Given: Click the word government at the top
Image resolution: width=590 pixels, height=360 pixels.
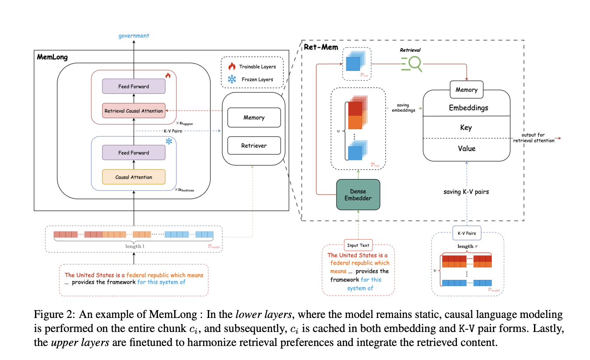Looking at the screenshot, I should tap(134, 35).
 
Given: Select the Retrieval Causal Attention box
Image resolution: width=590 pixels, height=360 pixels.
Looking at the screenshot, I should tap(133, 111).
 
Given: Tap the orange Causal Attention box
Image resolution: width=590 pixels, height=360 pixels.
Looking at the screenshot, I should tap(133, 177).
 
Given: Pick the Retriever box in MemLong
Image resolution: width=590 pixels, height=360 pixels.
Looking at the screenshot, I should tap(254, 145).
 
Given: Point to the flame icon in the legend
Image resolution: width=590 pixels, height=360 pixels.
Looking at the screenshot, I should tap(232, 67).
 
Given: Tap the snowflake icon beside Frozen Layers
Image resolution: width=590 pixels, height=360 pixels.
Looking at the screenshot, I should tap(232, 79).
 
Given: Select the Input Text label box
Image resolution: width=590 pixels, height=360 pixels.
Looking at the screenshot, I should tap(358, 245).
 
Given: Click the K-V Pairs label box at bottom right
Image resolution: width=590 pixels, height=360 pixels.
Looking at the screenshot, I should tap(467, 233).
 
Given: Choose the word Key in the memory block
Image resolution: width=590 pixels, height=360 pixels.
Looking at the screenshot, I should tap(466, 127).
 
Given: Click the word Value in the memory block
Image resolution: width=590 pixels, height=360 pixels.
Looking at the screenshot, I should tap(466, 148).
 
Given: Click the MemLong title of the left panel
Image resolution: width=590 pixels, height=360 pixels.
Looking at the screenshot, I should tap(52, 57).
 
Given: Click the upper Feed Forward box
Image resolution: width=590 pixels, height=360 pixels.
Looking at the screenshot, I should tap(133, 86).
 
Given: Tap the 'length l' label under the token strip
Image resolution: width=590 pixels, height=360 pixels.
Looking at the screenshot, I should tap(133, 246).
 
